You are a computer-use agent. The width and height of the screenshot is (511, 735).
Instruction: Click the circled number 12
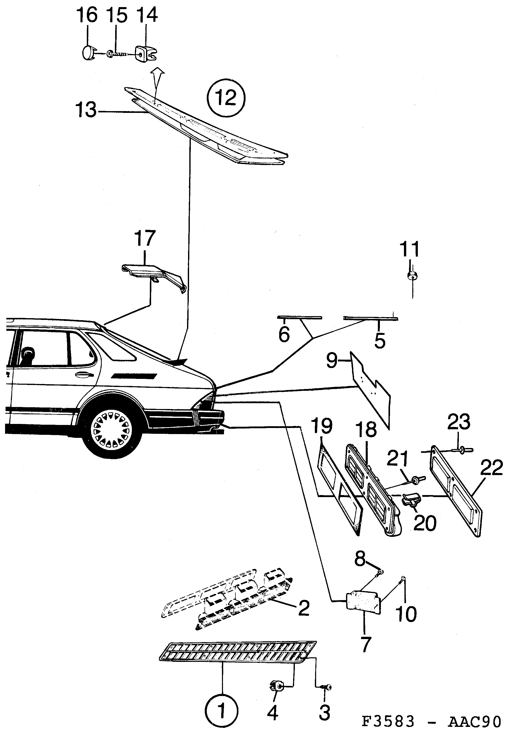pyautogui.click(x=226, y=97)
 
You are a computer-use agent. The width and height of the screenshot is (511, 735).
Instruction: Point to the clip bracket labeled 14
pyautogui.click(x=144, y=53)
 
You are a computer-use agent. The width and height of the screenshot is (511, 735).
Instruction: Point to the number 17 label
pyautogui.click(x=145, y=238)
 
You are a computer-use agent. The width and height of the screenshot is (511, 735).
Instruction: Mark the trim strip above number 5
pyautogui.click(x=370, y=318)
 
